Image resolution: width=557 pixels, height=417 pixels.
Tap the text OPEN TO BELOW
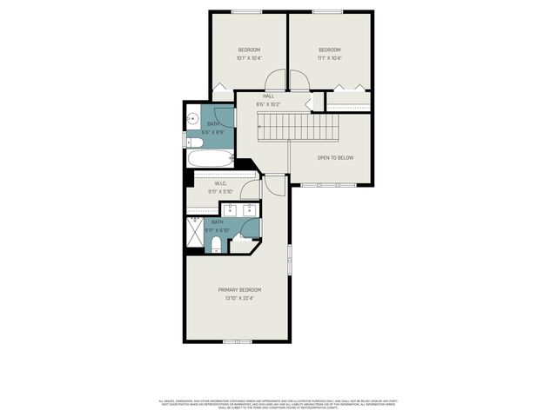(335, 158)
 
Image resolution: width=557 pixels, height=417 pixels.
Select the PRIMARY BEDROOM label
(239, 289)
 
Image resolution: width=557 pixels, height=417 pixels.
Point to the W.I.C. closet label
(221, 184)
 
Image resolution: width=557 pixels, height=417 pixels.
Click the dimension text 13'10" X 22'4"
(239, 298)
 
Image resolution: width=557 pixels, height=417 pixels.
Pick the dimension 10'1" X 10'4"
(250, 58)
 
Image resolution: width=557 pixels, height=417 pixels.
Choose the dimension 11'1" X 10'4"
(330, 58)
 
